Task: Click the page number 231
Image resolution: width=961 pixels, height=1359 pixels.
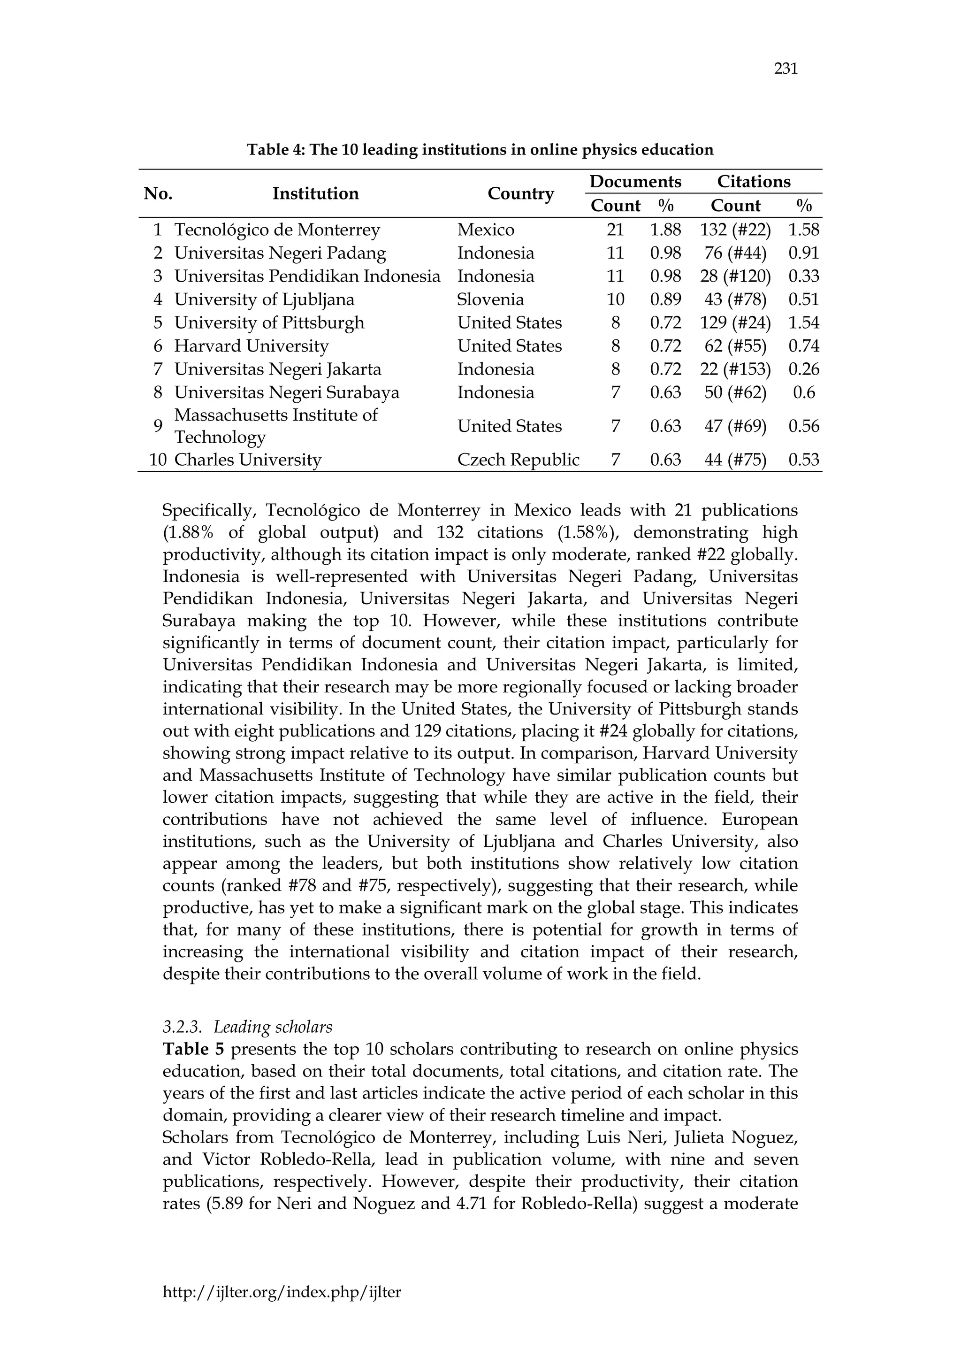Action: (x=785, y=69)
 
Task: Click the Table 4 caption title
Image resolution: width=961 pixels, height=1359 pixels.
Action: (x=480, y=150)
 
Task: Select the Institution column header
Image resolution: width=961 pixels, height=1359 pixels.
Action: (x=315, y=193)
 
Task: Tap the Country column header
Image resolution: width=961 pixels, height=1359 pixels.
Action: (x=520, y=193)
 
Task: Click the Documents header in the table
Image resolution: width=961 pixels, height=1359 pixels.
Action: (x=635, y=182)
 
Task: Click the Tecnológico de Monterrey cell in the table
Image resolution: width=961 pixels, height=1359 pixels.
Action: (x=277, y=230)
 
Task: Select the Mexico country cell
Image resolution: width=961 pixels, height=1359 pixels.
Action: (x=486, y=230)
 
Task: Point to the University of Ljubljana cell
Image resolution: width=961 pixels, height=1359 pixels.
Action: (x=264, y=299)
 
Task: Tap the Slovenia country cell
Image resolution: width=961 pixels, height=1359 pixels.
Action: (x=490, y=299)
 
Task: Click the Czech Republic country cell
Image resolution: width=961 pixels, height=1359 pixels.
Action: (x=518, y=460)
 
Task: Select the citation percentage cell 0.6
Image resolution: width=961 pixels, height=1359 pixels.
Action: (x=804, y=392)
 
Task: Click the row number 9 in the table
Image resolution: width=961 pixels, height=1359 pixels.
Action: (x=157, y=426)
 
